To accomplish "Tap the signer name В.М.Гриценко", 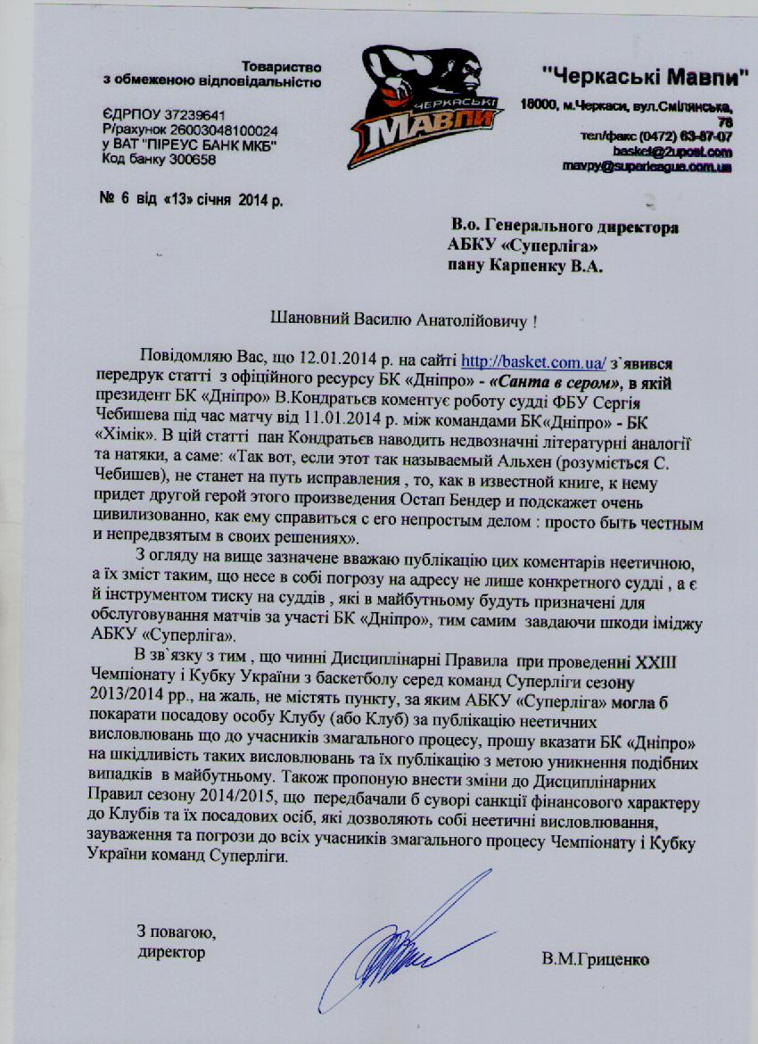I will [x=595, y=960].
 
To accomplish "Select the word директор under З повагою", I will [x=171, y=951].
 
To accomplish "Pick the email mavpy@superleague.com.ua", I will [x=647, y=166].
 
